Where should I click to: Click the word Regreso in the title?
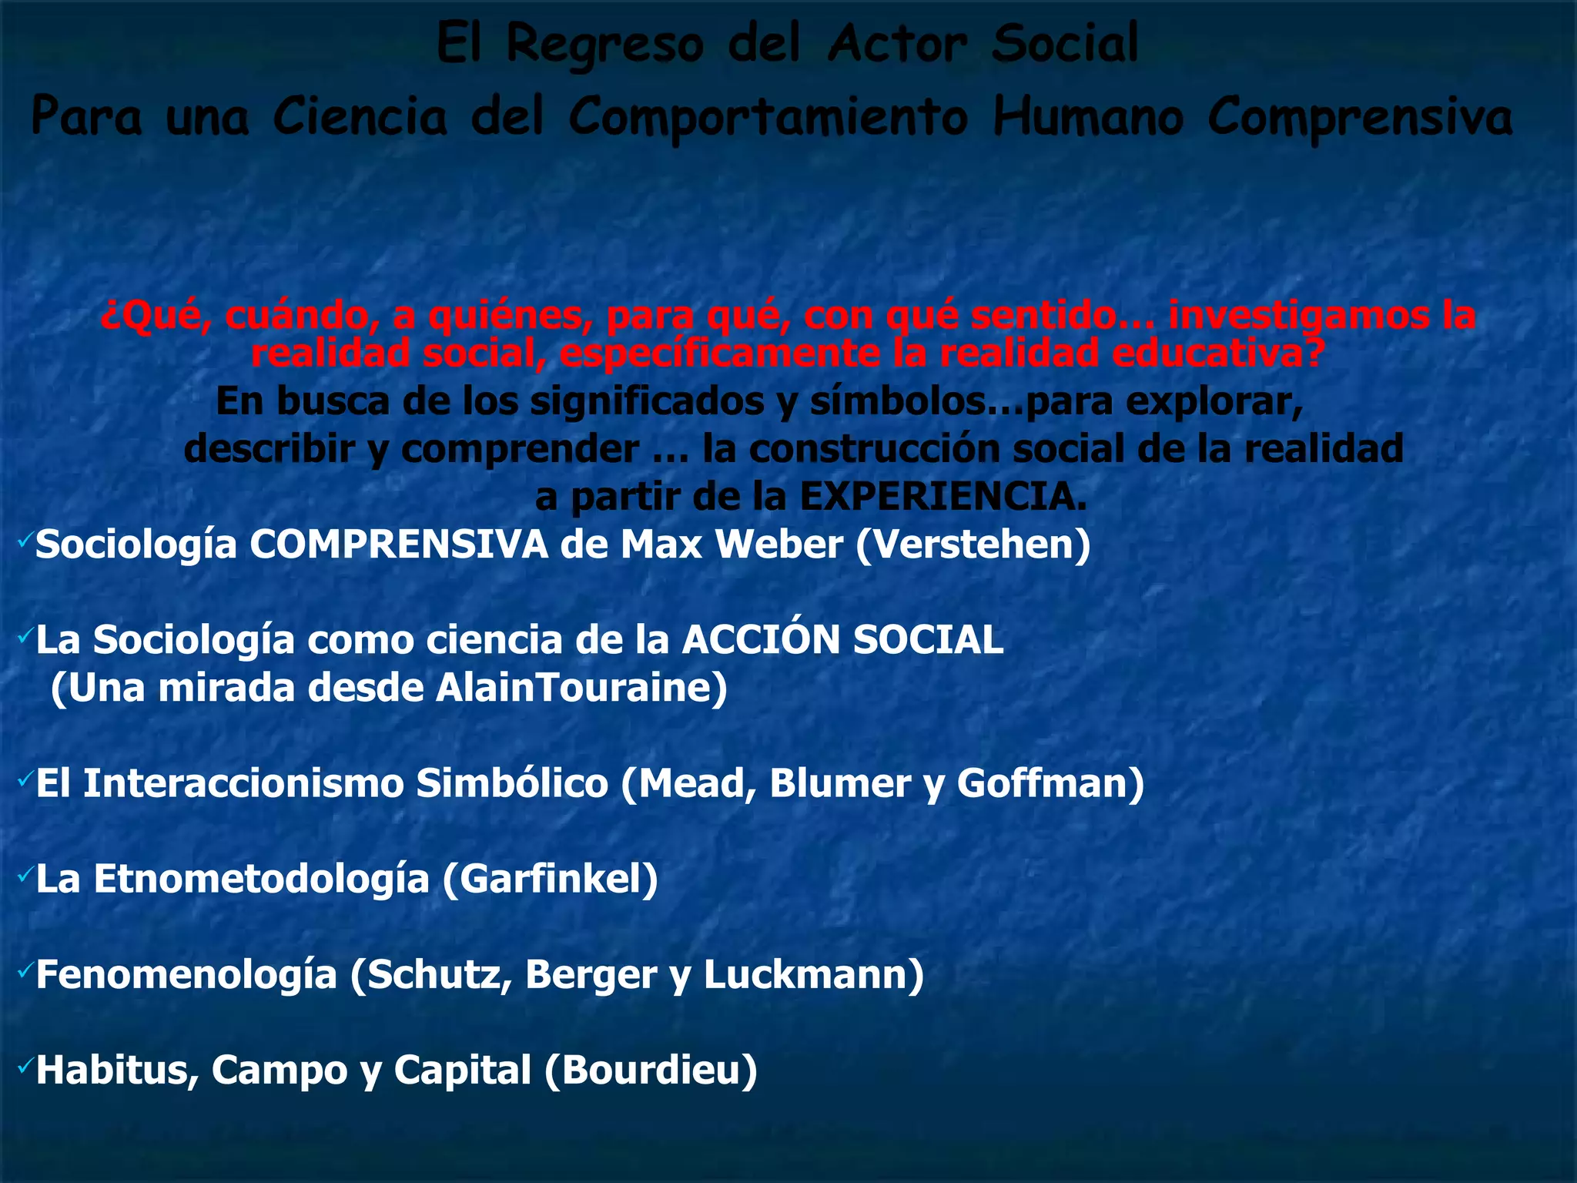click(x=604, y=45)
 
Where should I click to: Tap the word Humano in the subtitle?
click(x=1087, y=118)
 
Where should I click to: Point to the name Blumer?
click(x=840, y=784)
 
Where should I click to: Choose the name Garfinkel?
click(x=550, y=879)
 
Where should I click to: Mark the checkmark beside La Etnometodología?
click(x=24, y=874)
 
